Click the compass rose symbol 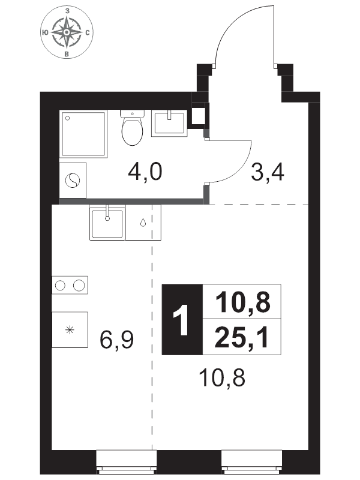[67, 33]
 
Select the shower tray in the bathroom [83, 134]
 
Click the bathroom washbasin [169, 123]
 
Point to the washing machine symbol [73, 181]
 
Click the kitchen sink [107, 223]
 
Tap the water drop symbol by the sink [143, 223]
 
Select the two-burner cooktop [70, 286]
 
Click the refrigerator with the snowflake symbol [70, 329]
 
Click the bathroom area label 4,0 [145, 172]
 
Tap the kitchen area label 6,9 [116, 340]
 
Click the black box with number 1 [182, 320]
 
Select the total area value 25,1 [242, 337]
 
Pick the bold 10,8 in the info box [243, 302]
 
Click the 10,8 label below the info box [222, 378]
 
